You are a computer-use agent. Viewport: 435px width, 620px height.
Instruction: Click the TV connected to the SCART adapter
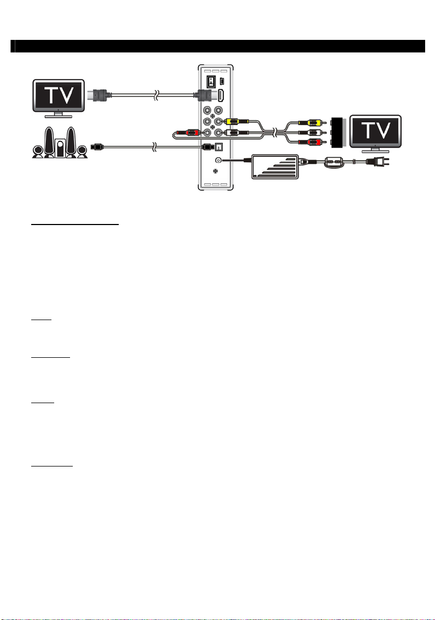pos(375,132)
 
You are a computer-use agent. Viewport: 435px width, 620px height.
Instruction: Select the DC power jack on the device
pos(219,160)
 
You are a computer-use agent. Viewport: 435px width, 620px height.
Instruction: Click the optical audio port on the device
pos(219,146)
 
